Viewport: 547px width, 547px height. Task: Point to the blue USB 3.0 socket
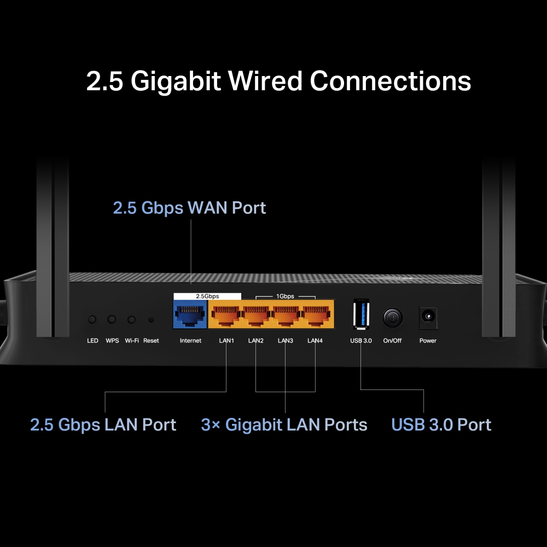pos(361,315)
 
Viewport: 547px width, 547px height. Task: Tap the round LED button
pos(92,319)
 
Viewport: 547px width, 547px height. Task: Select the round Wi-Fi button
pos(131,319)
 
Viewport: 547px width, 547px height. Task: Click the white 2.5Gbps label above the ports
pos(207,296)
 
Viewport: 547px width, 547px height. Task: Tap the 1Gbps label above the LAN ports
pos(285,296)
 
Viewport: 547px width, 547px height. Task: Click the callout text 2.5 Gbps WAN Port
pos(189,208)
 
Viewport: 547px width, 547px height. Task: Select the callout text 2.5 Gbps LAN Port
pos(103,425)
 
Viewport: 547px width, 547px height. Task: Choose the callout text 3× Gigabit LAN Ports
pos(284,425)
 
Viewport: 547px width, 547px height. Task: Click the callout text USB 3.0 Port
pos(441,425)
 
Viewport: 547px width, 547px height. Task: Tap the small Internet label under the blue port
pos(190,341)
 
